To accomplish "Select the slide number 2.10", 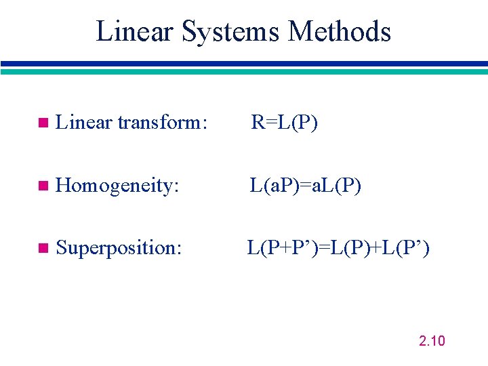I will click(432, 341).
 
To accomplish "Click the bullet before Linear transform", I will click(43, 123).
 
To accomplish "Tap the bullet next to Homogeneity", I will click(43, 186).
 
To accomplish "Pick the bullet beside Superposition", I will click(43, 248).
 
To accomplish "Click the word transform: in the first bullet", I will click(162, 123).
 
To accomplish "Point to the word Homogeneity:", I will click(117, 186).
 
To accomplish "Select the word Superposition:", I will click(119, 248).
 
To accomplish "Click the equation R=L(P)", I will click(284, 123).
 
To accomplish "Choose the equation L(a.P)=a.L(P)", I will click(305, 185).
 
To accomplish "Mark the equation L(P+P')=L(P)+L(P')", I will click(338, 247).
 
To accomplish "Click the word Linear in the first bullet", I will click(84, 123).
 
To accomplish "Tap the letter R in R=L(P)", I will click(258, 123).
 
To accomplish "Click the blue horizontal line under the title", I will click(244, 64).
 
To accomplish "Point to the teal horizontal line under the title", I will click(244, 71).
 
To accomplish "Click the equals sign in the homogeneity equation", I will click(305, 186).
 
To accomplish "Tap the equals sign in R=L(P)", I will click(269, 123).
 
